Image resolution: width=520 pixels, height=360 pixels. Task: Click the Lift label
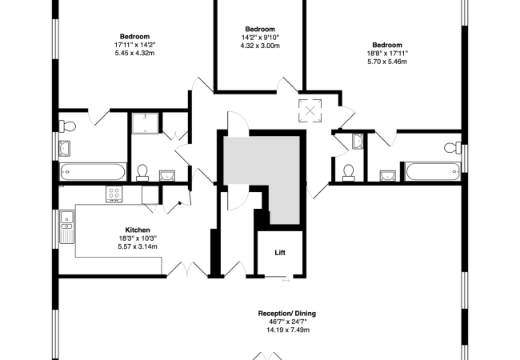click(x=280, y=253)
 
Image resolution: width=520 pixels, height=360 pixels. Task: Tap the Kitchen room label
click(x=138, y=230)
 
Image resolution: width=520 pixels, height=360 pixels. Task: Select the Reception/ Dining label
click(x=287, y=314)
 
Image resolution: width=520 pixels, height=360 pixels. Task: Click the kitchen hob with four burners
click(x=114, y=194)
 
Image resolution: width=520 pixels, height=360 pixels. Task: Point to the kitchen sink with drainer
click(x=67, y=226)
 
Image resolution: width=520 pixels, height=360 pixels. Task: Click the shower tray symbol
click(x=145, y=123)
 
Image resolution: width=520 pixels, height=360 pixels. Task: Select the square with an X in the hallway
click(x=310, y=110)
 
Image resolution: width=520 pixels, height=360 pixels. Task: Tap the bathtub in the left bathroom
click(x=93, y=172)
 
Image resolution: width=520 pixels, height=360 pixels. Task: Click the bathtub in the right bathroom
click(x=433, y=171)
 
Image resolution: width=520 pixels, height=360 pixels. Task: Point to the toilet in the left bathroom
click(x=68, y=126)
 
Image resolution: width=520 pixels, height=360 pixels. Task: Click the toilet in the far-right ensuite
click(x=452, y=147)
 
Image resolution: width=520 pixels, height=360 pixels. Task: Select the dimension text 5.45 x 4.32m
click(x=134, y=53)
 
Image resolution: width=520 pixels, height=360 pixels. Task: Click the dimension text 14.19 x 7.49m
click(x=288, y=330)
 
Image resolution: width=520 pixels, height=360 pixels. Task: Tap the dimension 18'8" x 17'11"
click(x=387, y=53)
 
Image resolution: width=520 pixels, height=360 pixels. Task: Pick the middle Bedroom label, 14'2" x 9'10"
click(x=260, y=29)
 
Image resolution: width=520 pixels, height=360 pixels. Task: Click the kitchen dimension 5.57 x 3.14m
click(x=138, y=246)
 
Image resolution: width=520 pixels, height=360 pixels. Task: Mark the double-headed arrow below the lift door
click(x=286, y=281)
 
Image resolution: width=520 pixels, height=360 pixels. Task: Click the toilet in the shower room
click(x=142, y=173)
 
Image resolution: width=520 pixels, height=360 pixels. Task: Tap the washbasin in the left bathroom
click(x=64, y=148)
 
